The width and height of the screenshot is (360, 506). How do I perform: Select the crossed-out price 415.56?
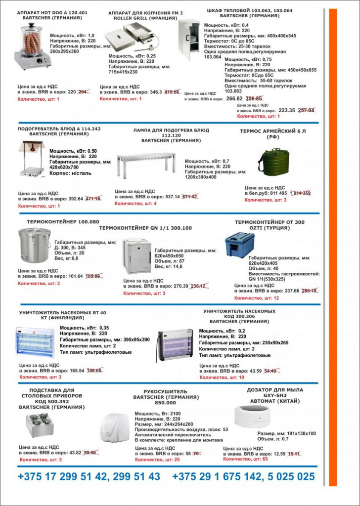coord(172,92)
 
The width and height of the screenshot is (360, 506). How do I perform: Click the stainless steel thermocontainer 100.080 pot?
coord(34,246)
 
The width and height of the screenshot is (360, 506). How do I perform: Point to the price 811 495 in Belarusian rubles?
coord(276,193)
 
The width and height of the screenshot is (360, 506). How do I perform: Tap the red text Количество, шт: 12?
coord(256,298)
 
